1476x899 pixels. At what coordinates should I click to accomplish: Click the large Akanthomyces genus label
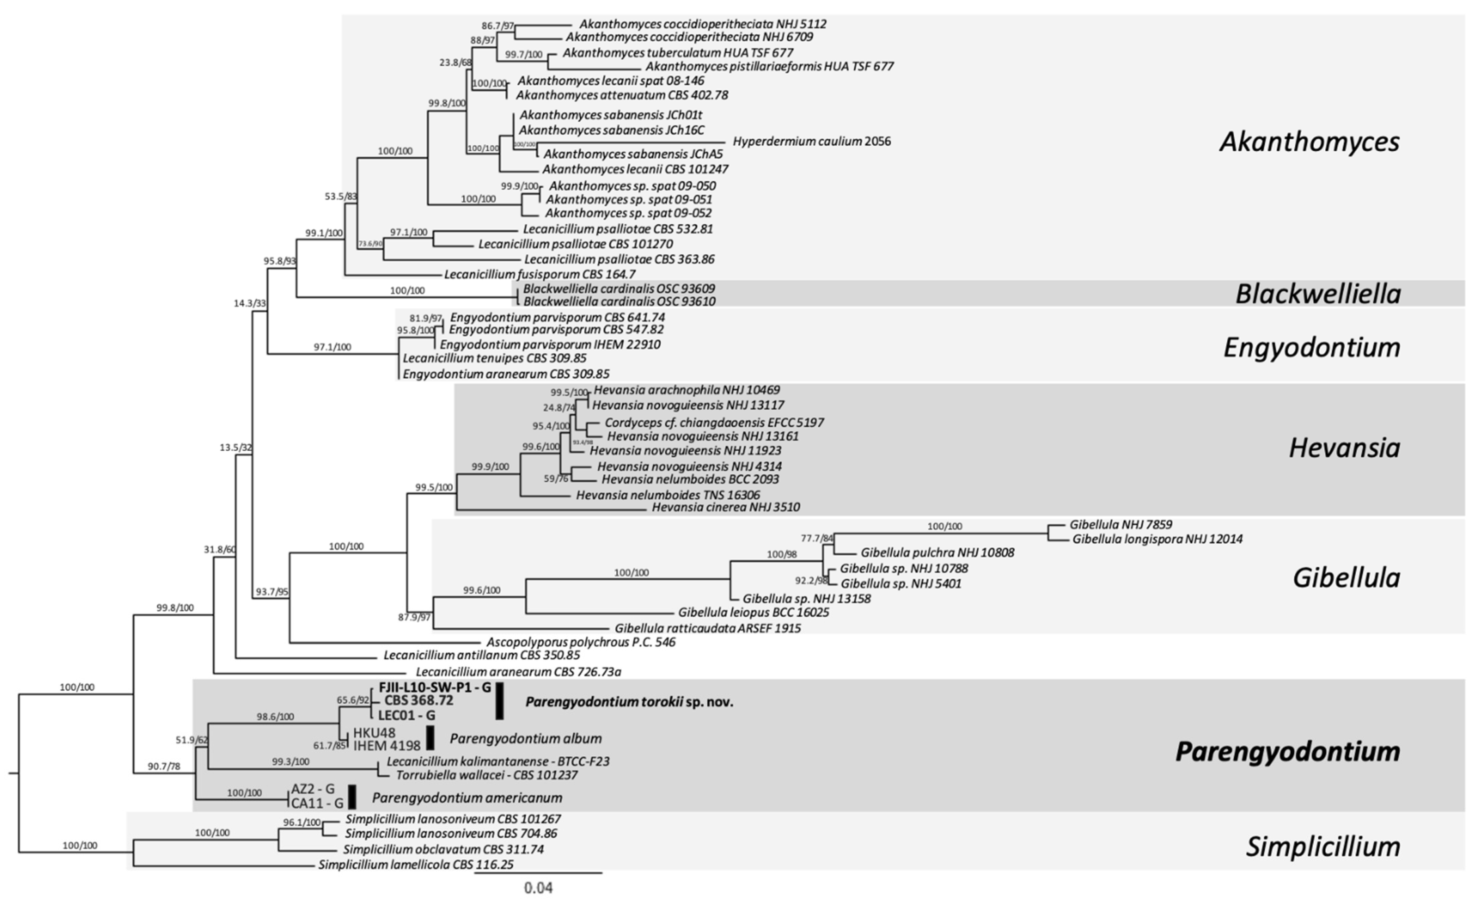[x=1310, y=142]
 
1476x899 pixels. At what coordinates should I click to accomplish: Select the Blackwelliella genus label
[x=1318, y=294]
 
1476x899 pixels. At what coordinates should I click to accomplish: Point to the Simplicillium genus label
[x=1323, y=846]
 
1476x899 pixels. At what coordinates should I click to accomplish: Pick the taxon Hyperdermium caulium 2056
[x=812, y=142]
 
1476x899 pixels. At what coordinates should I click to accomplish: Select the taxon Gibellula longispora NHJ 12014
[x=1157, y=539]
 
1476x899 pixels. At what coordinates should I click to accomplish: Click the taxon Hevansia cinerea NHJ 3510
[x=726, y=507]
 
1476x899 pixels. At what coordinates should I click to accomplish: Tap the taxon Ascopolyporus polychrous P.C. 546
[x=580, y=642]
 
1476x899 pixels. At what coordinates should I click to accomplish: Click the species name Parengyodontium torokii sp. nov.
[x=629, y=702]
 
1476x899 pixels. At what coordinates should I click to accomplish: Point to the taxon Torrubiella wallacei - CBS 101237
[x=487, y=775]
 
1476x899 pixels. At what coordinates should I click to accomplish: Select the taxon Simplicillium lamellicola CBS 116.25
[x=416, y=865]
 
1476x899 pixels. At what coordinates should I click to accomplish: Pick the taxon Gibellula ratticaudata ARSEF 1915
[x=707, y=628]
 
